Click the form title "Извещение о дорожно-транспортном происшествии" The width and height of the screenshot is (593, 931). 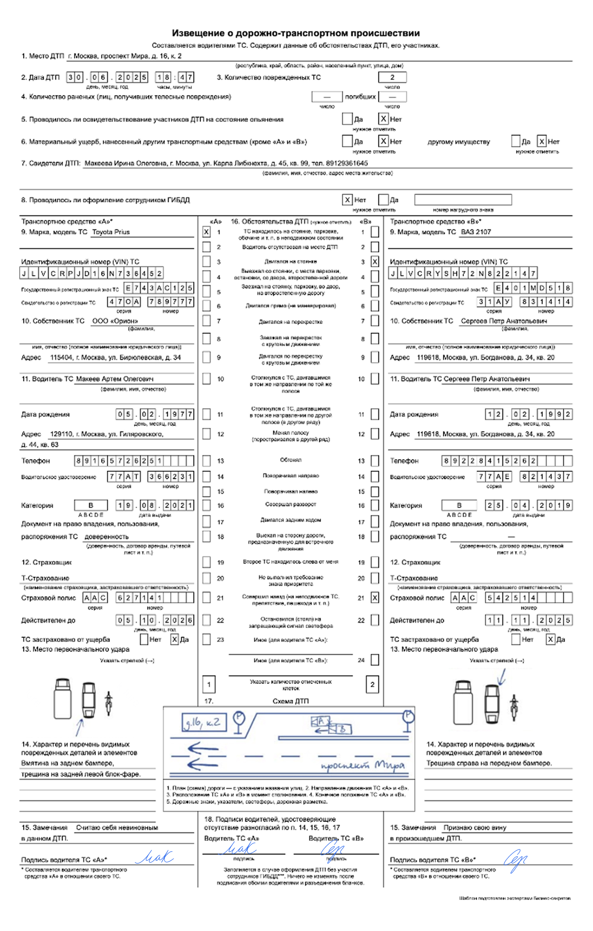point(296,33)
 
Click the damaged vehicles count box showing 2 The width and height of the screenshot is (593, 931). point(392,77)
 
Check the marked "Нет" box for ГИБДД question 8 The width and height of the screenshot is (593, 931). point(347,200)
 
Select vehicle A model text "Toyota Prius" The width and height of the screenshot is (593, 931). point(111,232)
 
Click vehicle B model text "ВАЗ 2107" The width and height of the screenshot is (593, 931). point(476,232)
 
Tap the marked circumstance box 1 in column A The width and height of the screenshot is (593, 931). point(207,232)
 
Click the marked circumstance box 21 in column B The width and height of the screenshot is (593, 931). point(375,598)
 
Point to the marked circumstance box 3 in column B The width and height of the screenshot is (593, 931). point(375,262)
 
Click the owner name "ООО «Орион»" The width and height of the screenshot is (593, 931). point(115,321)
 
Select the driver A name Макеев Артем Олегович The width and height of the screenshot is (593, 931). point(115,379)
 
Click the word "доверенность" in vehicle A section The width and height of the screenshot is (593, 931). point(106,536)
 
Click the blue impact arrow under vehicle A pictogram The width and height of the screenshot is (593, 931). point(79,727)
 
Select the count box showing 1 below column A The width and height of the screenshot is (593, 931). point(209,685)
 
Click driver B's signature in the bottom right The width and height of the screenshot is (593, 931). point(516,859)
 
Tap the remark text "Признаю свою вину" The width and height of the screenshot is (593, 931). point(475,828)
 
